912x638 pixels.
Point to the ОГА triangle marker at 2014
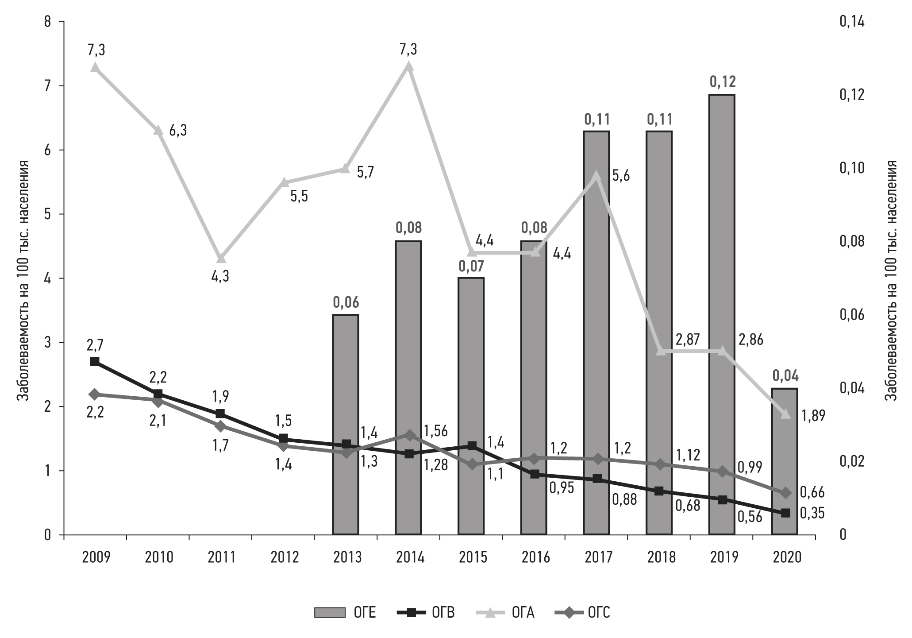tap(408, 67)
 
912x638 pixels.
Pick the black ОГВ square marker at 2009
tap(95, 361)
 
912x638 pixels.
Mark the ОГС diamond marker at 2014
tap(409, 435)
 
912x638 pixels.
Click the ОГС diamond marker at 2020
tap(785, 493)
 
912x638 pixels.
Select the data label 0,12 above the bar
tap(722, 82)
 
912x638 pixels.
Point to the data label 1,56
tap(435, 430)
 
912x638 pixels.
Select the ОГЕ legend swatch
tap(329, 613)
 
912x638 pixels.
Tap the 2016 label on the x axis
tap(535, 557)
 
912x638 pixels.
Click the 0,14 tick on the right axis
tap(852, 22)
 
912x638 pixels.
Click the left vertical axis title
tap(23, 280)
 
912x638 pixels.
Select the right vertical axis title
tap(891, 280)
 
